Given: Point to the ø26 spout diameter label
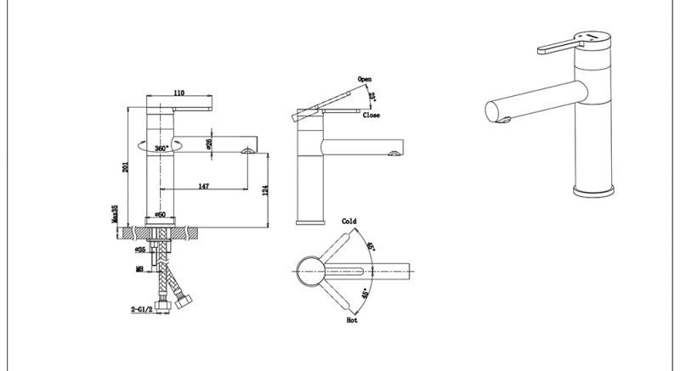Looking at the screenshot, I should [208, 145].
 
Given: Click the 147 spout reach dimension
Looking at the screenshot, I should [205, 184].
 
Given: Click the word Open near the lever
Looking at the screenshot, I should [365, 78].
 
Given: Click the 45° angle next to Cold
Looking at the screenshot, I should [369, 247].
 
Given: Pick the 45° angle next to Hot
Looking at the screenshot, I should [366, 295].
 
